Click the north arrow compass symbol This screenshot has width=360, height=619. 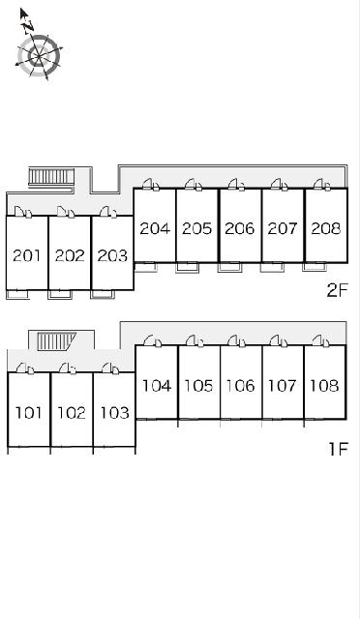(x=39, y=55)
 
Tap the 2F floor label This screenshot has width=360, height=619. (x=337, y=291)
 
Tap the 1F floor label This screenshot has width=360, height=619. (x=339, y=449)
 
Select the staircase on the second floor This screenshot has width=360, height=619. (x=51, y=176)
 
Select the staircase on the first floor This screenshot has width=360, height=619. (x=56, y=341)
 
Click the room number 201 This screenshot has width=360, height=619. (x=27, y=255)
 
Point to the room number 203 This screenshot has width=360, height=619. (x=112, y=255)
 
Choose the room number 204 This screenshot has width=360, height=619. (x=155, y=228)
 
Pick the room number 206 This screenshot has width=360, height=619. (x=240, y=228)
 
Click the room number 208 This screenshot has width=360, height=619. (x=325, y=228)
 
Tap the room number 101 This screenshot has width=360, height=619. (x=28, y=413)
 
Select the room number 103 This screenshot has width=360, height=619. (x=114, y=413)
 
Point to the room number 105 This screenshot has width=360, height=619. (x=198, y=386)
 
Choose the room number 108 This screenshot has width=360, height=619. (x=324, y=386)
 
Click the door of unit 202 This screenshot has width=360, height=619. (x=66, y=212)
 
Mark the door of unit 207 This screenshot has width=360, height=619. (x=280, y=185)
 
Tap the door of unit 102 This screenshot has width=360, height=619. (x=68, y=368)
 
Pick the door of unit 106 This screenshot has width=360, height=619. (x=236, y=341)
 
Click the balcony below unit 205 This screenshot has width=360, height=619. (x=188, y=267)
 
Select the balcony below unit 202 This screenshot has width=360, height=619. (x=60, y=294)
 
